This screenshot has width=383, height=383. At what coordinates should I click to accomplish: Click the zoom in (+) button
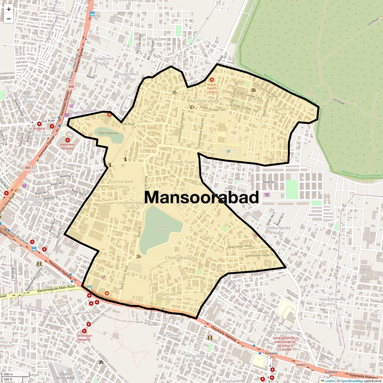tap(9, 9)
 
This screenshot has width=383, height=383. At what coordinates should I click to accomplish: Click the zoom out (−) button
tap(9, 19)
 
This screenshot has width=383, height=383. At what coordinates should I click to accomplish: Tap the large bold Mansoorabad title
tap(201, 197)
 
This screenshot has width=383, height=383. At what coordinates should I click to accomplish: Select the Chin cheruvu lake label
tap(109, 133)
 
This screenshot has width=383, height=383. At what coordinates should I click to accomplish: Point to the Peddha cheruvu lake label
tap(163, 229)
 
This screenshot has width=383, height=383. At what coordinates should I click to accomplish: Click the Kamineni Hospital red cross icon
tap(68, 140)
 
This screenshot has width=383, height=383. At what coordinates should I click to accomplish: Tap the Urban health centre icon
tap(212, 79)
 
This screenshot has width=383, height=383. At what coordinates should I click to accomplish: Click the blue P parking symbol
tap(228, 152)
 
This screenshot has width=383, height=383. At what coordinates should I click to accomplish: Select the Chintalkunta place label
tap(179, 257)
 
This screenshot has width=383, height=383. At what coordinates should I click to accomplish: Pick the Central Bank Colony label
tap(122, 184)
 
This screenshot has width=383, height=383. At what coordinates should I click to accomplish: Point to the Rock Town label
tap(158, 39)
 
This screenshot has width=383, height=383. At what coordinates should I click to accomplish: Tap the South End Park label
tap(282, 111)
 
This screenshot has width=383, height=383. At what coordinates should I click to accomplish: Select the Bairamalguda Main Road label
tap(56, 289)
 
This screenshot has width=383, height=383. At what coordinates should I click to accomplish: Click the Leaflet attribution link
tap(329, 381)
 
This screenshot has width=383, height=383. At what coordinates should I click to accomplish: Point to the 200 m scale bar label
tap(8, 374)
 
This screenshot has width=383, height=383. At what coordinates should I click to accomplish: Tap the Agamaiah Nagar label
tap(168, 297)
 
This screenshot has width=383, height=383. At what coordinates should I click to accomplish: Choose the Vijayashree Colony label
tap(330, 301)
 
